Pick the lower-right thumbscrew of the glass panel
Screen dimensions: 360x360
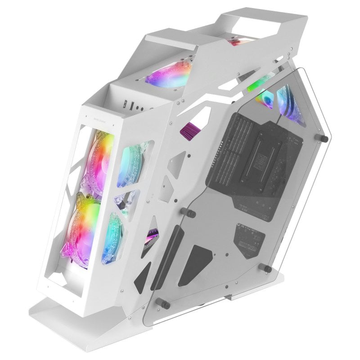[267, 269]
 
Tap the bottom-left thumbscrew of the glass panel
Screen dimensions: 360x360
[165, 305]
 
